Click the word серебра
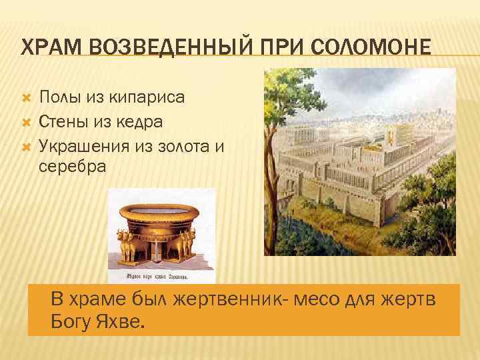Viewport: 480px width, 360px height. [x=72, y=166]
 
